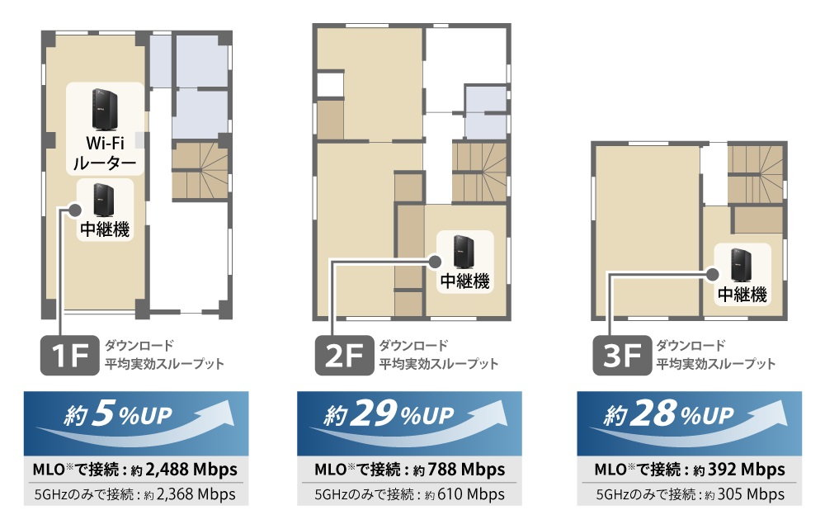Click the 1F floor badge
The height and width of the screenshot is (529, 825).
point(69,356)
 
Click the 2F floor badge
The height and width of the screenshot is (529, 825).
point(344,356)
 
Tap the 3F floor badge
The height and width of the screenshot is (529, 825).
point(622,356)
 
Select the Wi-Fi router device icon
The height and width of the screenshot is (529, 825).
point(105,110)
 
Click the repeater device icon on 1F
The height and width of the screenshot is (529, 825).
point(104,200)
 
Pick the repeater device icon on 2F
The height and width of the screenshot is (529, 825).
point(464,252)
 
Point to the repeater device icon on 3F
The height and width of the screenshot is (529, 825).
point(741,265)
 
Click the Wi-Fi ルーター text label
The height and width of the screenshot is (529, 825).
point(106,154)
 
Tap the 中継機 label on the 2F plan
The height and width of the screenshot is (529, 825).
point(465,281)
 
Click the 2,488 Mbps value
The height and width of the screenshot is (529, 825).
point(191,469)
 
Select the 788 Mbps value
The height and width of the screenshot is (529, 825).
point(460,469)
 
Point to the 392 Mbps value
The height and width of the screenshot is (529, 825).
point(752,469)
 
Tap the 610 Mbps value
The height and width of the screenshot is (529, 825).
point(471,494)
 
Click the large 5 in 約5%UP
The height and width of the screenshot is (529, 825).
point(103,413)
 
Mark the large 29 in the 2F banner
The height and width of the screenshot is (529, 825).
point(374,413)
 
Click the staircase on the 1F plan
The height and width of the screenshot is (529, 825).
point(200,171)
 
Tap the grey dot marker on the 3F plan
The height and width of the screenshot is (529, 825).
point(713,274)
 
